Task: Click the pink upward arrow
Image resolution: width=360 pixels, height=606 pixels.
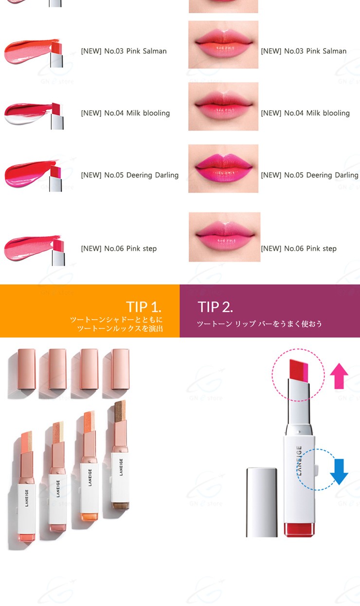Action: pos(339,376)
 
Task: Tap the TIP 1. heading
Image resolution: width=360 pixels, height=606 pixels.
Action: pos(144,307)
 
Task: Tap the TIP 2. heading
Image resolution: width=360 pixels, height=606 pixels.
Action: pos(215,307)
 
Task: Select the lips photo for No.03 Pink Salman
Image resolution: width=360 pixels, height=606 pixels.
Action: pos(223,45)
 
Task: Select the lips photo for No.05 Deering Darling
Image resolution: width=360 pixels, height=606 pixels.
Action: pos(223,169)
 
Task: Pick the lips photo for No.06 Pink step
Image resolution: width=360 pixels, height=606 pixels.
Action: pos(224,237)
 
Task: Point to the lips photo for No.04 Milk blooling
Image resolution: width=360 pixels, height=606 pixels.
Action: pos(223,107)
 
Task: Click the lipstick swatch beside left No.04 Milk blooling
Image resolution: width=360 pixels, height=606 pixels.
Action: pos(34,115)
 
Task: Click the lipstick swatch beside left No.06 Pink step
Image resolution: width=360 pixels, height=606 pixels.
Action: pos(34,250)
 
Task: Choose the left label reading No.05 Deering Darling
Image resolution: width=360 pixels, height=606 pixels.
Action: pos(130,175)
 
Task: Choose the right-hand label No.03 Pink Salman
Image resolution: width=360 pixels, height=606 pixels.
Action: pos(304,51)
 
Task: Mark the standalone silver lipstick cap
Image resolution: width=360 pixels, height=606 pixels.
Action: pos(262,502)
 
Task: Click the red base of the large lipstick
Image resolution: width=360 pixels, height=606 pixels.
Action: pos(299,530)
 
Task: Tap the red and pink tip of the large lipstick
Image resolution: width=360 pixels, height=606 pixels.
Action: pos(299,370)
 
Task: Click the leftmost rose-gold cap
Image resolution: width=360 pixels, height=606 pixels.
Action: pos(27,369)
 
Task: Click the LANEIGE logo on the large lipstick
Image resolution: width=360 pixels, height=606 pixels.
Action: pos(299,461)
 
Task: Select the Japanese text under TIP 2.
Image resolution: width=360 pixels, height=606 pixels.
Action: pos(259,324)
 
